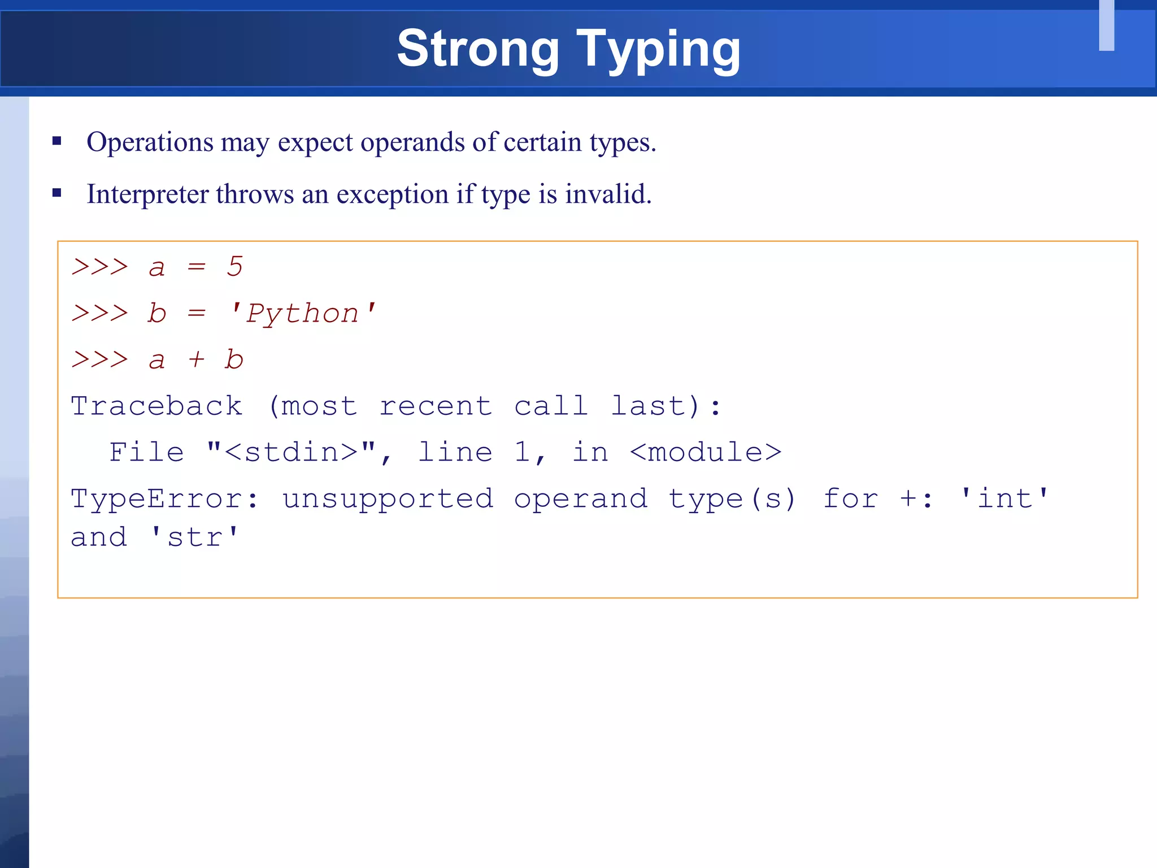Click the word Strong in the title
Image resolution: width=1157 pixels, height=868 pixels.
478,49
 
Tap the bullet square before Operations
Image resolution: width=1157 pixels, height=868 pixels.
56,141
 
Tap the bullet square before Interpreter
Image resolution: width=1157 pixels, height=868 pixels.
56,193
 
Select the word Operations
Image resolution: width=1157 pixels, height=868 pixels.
150,142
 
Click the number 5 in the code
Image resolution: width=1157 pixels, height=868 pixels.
234,266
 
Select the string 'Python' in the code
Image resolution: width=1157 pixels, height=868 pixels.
303,313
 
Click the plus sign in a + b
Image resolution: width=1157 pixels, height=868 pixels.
196,359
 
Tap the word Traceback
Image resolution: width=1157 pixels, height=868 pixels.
156,406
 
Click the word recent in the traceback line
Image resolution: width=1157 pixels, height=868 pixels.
435,406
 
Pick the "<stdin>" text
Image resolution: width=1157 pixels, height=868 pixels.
292,452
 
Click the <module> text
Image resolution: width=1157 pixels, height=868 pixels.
705,452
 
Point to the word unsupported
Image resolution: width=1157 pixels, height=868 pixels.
388,498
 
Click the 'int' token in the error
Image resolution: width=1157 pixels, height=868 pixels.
1004,498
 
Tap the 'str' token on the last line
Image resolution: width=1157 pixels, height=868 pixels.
195,537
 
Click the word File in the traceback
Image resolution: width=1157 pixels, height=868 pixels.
147,452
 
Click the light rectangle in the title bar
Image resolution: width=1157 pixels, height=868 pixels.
1106,25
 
